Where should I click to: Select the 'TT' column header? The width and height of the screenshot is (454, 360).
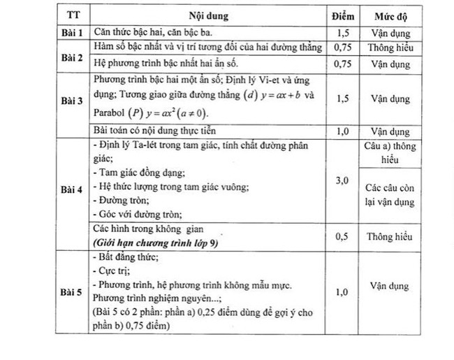coord(72,15)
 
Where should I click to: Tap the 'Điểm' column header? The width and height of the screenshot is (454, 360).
coord(342,15)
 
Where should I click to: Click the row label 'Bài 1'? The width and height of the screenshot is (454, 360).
coord(72,32)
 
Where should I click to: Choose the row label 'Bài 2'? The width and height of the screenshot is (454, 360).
coord(72,56)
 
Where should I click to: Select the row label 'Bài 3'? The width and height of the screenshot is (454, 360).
coord(72,100)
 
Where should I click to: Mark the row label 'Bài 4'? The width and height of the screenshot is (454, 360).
coord(72,189)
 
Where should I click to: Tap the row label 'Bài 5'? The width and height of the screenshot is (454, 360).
coord(72,291)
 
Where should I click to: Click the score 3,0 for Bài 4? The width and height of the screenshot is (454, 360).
coord(342,181)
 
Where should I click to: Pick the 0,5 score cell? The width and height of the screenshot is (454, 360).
coord(342,236)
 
